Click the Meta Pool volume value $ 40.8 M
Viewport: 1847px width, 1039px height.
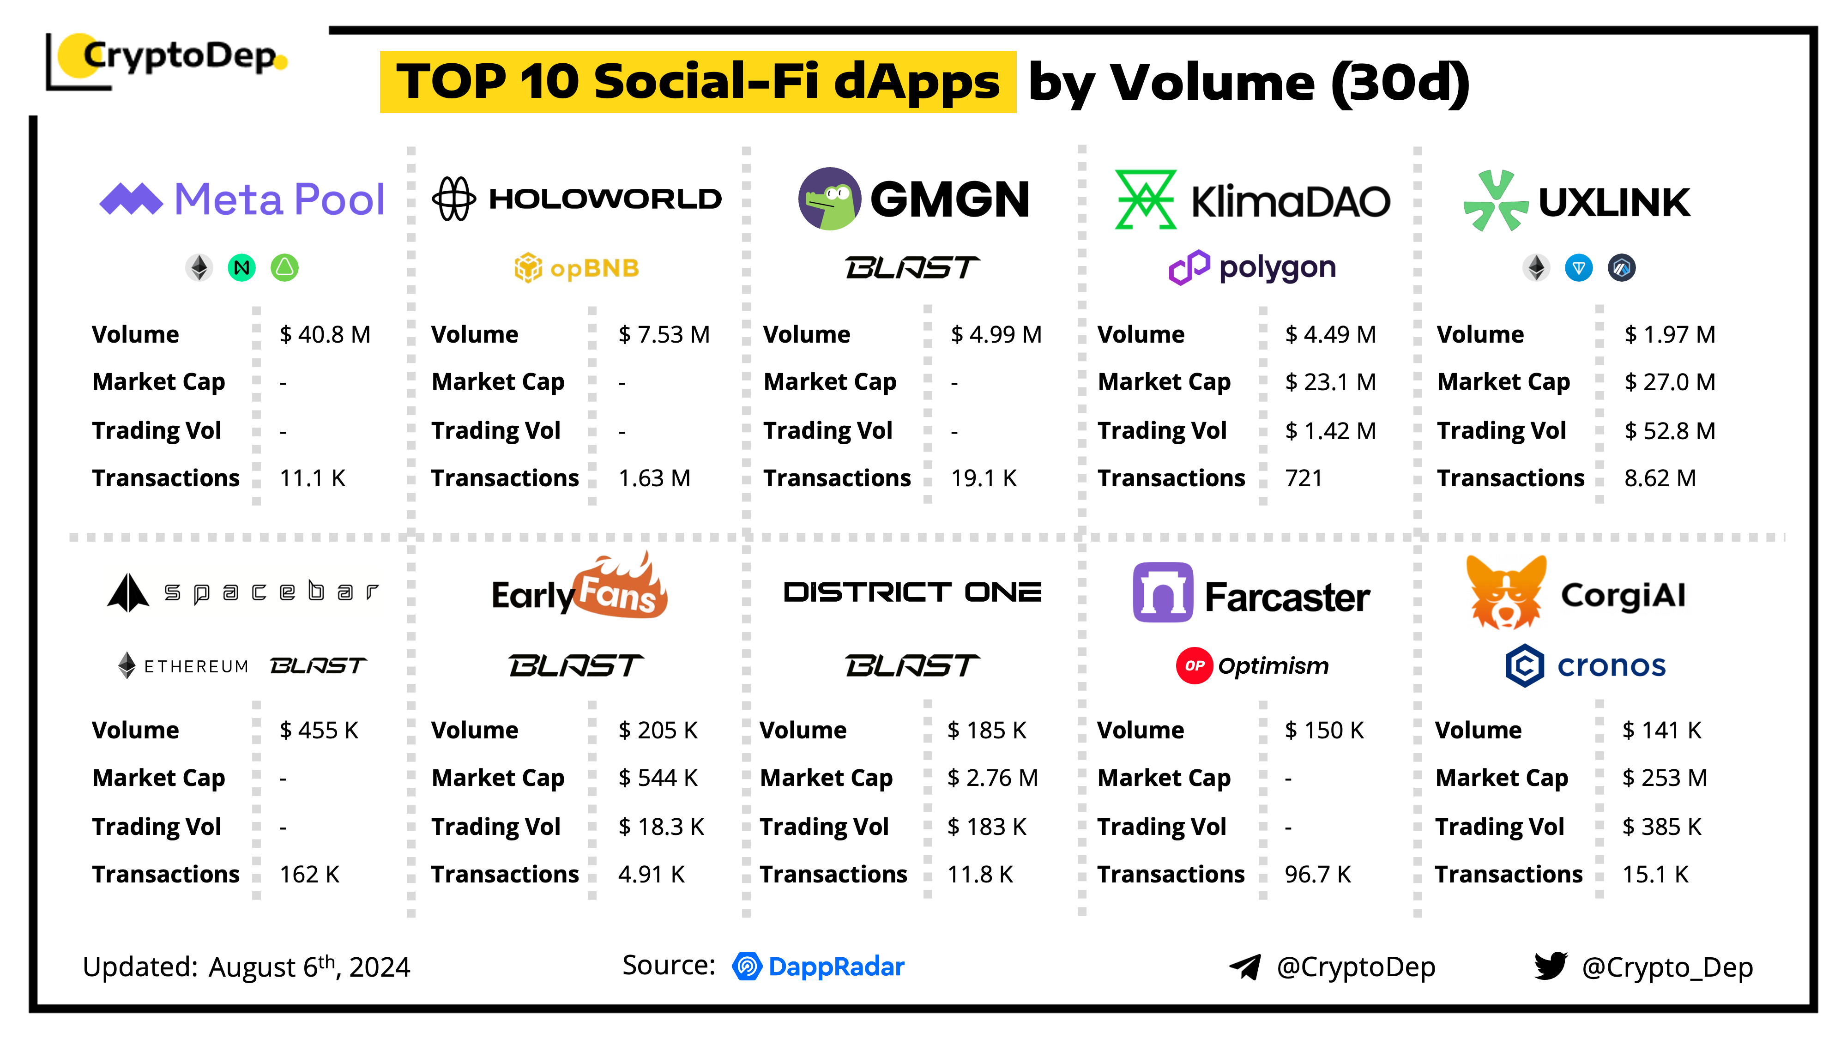(325, 334)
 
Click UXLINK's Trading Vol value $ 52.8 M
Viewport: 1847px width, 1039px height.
(1669, 430)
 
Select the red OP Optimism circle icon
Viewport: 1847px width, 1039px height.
(1194, 665)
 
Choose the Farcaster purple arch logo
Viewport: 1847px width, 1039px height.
(1162, 592)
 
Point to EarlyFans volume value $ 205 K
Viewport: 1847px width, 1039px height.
(658, 730)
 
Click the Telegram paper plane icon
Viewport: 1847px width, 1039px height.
(1245, 967)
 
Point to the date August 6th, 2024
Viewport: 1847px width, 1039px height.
(309, 967)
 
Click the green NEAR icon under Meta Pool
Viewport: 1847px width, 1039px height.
(241, 268)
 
